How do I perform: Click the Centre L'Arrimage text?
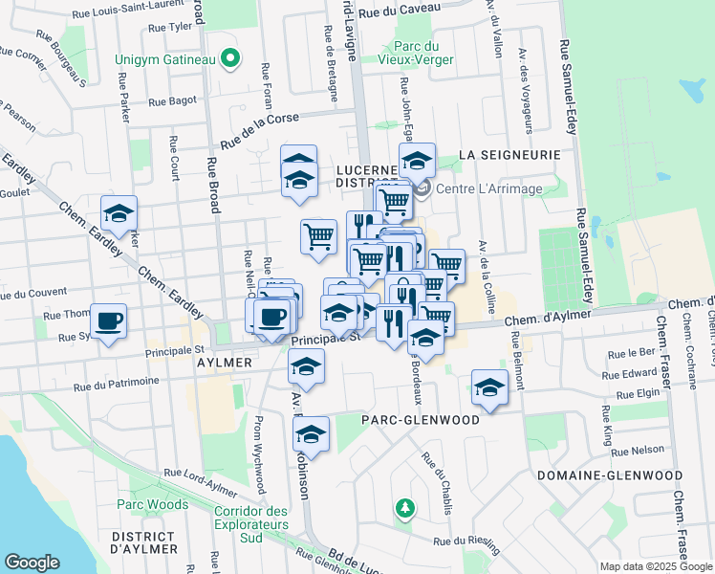point(489,188)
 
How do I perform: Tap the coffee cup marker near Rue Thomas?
point(109,320)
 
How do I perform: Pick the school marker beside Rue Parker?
point(119,214)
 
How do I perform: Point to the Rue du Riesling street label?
point(467,543)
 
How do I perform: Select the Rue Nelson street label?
point(638,450)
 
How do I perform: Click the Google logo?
point(32,563)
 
